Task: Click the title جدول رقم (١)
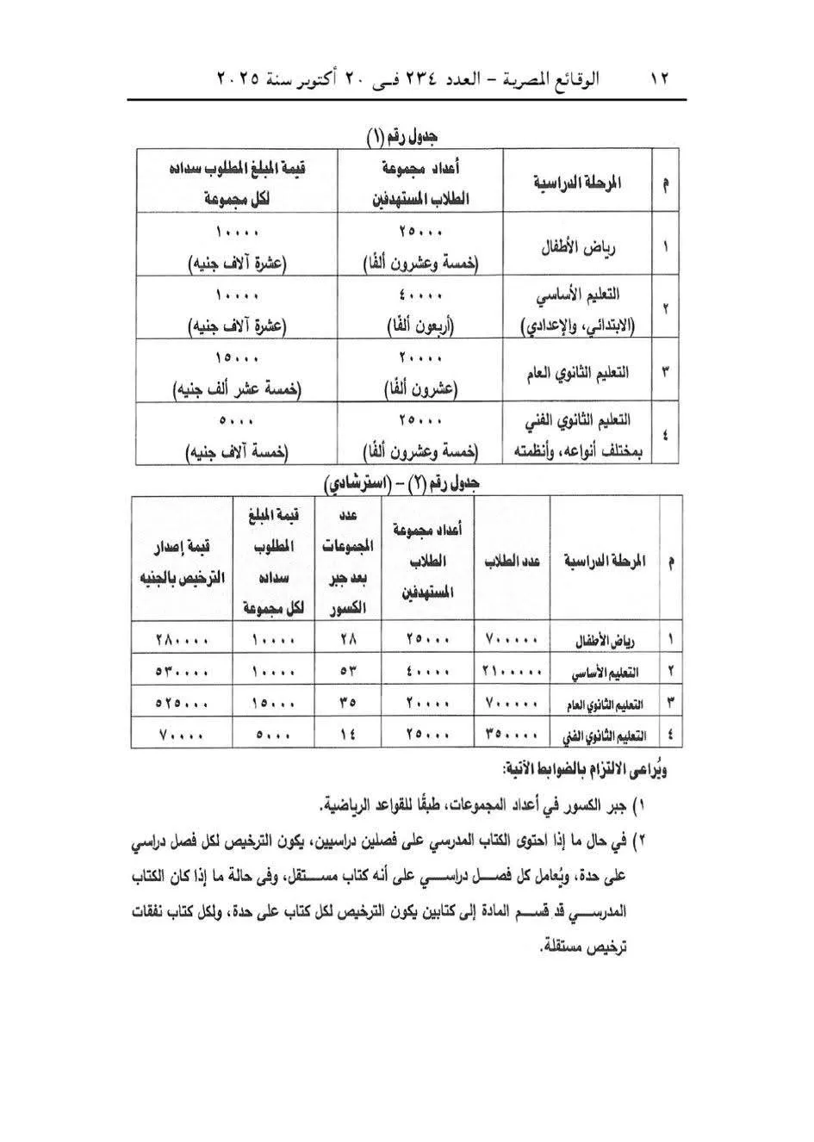point(402,135)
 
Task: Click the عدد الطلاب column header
point(512,562)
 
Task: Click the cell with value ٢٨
point(347,640)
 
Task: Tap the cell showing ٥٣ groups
point(347,671)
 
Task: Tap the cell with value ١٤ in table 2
point(347,735)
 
